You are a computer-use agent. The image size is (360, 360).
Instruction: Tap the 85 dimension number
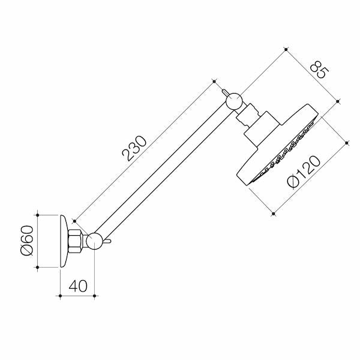tap(319, 71)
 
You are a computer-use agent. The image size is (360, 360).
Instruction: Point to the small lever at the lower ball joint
tap(108, 241)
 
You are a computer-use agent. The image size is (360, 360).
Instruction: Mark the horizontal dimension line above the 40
tap(78, 295)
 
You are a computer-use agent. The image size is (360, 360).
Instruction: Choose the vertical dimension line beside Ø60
tap(38, 241)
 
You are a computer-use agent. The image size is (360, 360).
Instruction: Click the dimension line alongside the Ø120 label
tap(310, 177)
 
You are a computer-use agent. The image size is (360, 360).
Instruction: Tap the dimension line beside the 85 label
tap(313, 74)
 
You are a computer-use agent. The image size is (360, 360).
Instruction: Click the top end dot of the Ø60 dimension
tap(38, 214)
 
